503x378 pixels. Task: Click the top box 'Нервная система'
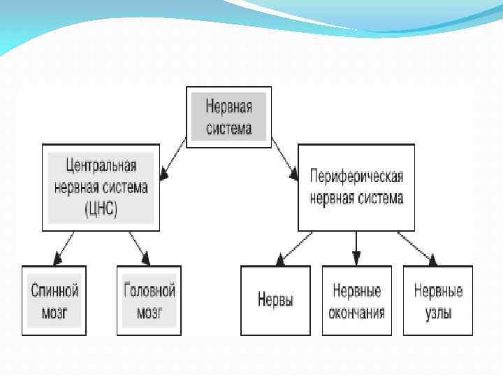coord(228,116)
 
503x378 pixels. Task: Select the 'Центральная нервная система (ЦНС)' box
coord(101,187)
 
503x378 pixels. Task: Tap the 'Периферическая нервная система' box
coord(356,187)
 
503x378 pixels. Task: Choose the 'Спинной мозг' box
coord(54,300)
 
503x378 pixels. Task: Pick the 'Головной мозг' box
coord(149,300)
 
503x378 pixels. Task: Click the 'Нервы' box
coord(275,300)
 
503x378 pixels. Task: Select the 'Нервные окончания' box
coord(356,300)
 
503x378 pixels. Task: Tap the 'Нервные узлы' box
coord(438,300)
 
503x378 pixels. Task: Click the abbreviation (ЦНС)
coord(101,207)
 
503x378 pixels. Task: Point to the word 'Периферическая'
coord(356,177)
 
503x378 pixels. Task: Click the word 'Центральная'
coord(101,167)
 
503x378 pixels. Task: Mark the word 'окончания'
coord(356,312)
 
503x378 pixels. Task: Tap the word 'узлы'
coord(438,312)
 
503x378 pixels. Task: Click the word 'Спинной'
coord(54,290)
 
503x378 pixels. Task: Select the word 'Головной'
coord(149,290)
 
